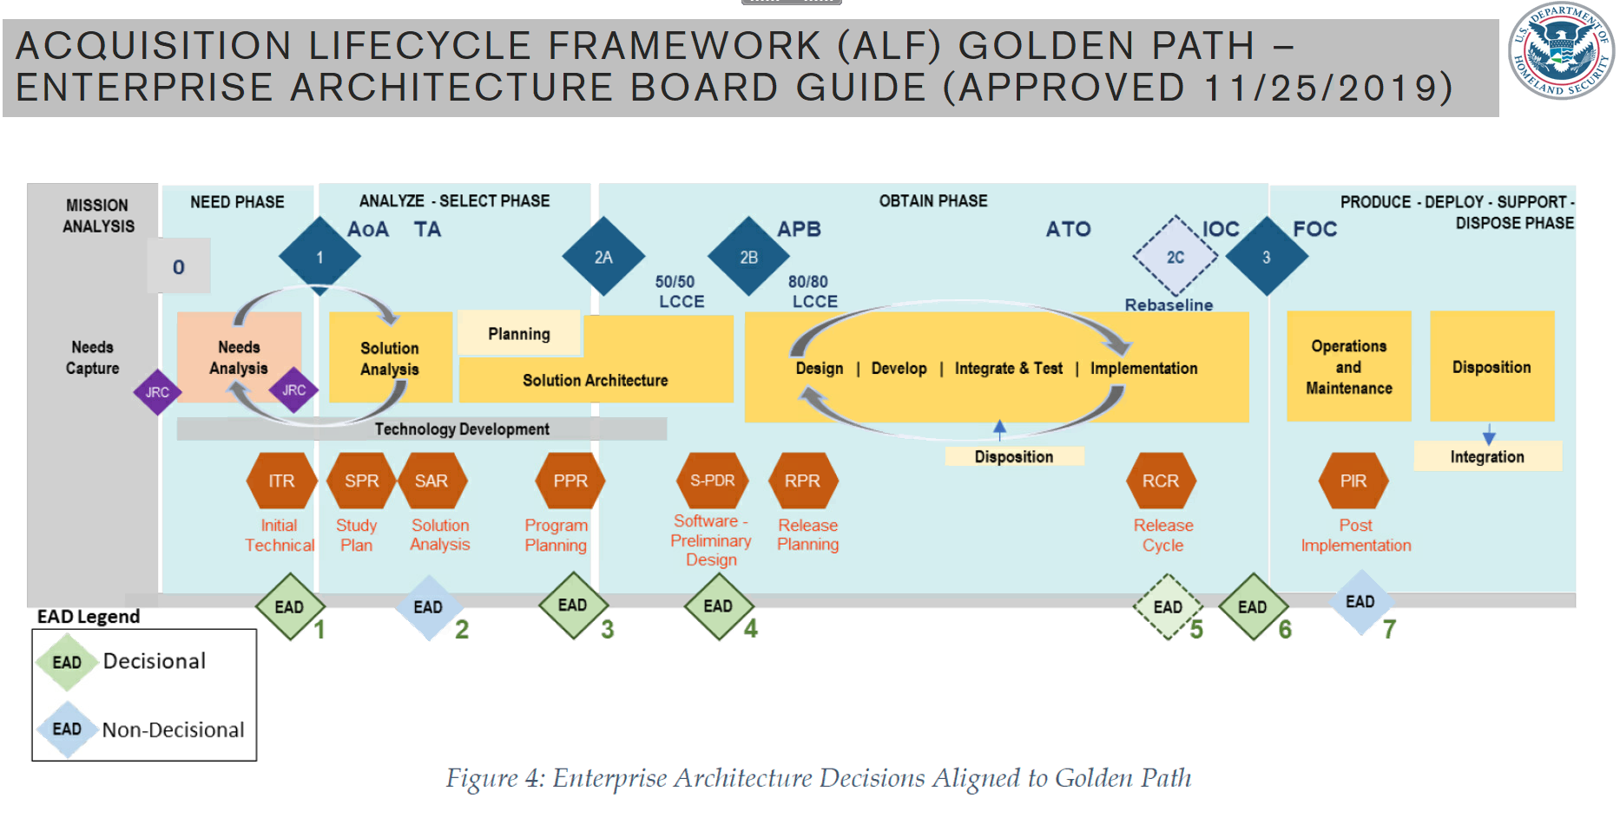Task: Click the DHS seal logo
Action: [1561, 50]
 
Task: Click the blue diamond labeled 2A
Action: [603, 257]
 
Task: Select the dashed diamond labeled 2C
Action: [1175, 257]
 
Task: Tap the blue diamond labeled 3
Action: [1266, 257]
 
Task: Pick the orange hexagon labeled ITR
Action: [281, 481]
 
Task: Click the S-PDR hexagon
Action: [712, 481]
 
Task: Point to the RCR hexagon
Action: [1161, 481]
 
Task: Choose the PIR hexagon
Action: [1353, 481]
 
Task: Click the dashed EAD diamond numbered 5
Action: [1168, 607]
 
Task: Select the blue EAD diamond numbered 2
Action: [428, 607]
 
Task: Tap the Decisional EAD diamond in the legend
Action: [67, 663]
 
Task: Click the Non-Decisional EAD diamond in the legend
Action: [67, 730]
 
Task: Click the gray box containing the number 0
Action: [179, 266]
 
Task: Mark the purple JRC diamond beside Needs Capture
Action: [157, 392]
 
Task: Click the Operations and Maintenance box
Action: [1348, 367]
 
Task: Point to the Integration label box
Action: [1487, 457]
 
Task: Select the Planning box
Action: [519, 334]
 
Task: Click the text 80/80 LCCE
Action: [812, 291]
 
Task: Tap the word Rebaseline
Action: [1169, 305]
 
